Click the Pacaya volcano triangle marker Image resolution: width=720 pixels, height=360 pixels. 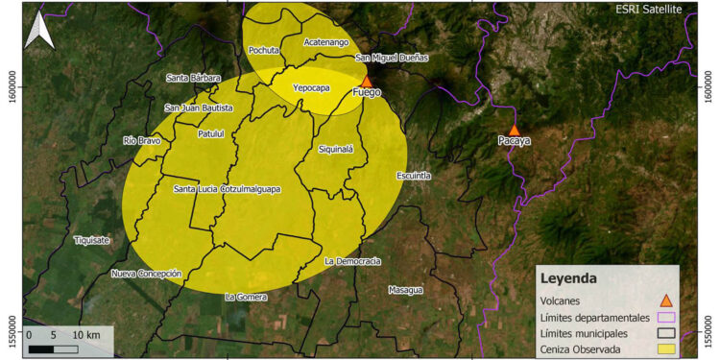515,129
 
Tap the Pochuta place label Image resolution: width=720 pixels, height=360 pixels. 263,50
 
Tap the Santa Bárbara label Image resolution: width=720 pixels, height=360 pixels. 194,78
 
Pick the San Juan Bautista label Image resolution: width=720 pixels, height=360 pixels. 199,108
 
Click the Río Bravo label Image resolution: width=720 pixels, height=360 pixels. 142,140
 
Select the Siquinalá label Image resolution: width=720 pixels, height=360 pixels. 335,150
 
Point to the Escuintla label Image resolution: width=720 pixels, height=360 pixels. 413,176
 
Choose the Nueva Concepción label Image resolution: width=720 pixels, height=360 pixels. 146,274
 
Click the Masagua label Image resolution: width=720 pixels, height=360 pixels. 405,289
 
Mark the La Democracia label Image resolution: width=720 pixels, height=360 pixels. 352,261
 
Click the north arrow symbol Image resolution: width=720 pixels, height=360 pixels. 39,30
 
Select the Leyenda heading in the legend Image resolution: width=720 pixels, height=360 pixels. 569,278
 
